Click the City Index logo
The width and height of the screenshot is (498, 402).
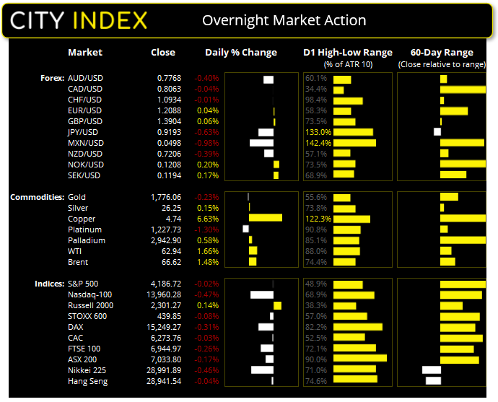click(x=79, y=19)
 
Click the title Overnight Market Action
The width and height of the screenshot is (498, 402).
click(x=284, y=20)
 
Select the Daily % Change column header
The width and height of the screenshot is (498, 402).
click(x=241, y=53)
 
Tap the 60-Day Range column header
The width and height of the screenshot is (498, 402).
click(x=442, y=53)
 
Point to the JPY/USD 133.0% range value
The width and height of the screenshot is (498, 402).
click(x=318, y=133)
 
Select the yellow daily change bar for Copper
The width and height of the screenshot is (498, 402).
click(x=266, y=218)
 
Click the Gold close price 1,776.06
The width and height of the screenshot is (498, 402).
click(x=165, y=197)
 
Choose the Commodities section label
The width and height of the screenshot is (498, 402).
click(x=36, y=197)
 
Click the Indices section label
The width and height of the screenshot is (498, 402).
click(x=49, y=284)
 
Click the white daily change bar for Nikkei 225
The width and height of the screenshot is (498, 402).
click(x=262, y=370)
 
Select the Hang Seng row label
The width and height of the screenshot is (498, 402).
click(x=87, y=380)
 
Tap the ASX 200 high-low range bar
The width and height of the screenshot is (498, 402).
click(x=360, y=359)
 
